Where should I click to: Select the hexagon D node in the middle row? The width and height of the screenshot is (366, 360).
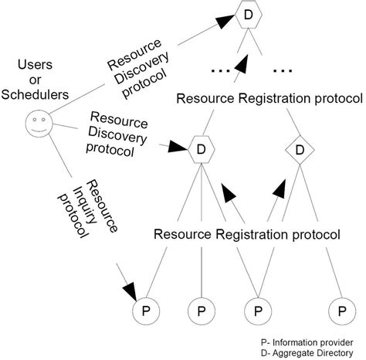pos(201,148)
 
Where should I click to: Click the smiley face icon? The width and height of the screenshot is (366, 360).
pos(38,123)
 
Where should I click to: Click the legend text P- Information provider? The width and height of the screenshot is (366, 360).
pos(309,341)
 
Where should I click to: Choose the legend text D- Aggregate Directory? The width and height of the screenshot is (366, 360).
pos(309,353)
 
